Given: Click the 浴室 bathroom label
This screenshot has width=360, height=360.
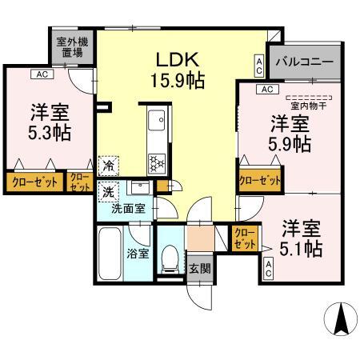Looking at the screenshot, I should coord(136,254).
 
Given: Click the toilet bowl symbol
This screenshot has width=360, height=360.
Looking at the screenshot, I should coord(169,258).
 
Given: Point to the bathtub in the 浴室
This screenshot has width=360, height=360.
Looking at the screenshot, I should coord(109,254).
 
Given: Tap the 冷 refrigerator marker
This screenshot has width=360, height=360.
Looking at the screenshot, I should coord(107,167).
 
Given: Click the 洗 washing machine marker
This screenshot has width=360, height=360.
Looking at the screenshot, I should coord(107,192).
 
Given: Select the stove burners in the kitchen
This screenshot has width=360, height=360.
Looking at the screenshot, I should coord(157,162).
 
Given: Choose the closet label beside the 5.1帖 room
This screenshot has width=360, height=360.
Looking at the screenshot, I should coord(245,237).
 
